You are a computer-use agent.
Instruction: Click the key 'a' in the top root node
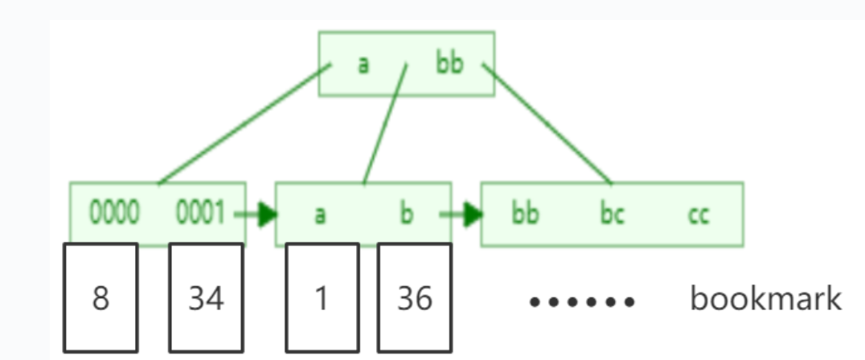click(x=363, y=64)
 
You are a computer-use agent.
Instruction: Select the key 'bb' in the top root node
click(x=450, y=63)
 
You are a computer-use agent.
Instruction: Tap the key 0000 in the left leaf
click(x=114, y=215)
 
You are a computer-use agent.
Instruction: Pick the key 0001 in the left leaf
click(x=200, y=215)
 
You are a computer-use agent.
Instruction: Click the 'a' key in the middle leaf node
click(x=320, y=215)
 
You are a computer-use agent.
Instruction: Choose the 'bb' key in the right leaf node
click(x=525, y=215)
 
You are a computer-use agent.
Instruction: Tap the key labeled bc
click(x=612, y=215)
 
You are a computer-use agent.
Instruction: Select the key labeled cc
click(x=698, y=215)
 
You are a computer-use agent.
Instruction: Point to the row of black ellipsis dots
click(x=582, y=302)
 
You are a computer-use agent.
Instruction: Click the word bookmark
click(x=765, y=299)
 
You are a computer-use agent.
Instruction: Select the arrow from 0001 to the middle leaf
click(x=256, y=215)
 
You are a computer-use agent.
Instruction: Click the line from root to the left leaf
click(x=245, y=125)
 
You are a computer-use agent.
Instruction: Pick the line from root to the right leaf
click(x=547, y=125)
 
